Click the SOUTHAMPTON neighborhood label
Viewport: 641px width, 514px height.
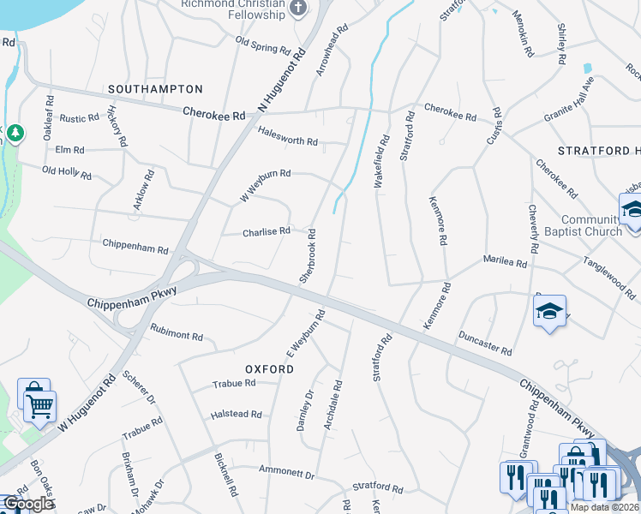click(x=156, y=89)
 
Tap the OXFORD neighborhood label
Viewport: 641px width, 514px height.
click(x=269, y=369)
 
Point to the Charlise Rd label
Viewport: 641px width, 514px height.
click(x=267, y=231)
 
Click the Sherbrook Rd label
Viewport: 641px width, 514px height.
click(x=308, y=256)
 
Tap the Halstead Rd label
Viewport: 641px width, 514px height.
click(x=236, y=415)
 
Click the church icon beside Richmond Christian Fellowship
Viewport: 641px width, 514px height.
click(x=298, y=9)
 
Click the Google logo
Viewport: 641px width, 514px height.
click(x=27, y=504)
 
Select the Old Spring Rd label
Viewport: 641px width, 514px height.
click(x=261, y=45)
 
